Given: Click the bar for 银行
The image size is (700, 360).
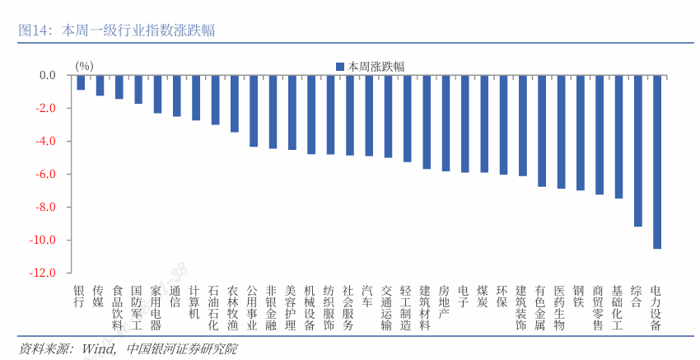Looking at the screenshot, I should point(81,82).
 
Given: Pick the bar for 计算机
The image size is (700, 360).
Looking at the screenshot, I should point(196,98).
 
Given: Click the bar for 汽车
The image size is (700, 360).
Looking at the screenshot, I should point(369,115).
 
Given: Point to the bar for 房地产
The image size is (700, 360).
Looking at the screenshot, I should point(446,123).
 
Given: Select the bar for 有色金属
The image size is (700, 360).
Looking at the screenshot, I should point(542,131).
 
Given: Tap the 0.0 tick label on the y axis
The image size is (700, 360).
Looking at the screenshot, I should point(47,75).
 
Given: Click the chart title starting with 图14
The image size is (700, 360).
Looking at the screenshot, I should point(116,30).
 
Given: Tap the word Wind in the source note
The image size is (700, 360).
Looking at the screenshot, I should point(97,348).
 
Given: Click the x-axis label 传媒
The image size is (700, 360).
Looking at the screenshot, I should point(100,297).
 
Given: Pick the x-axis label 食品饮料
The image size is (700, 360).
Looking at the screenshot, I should point(119,308).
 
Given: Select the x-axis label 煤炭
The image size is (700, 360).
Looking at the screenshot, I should point(484,297).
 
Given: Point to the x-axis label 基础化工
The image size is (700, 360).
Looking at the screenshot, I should point(618,308).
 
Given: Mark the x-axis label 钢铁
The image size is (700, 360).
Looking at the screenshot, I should point(580,297).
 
